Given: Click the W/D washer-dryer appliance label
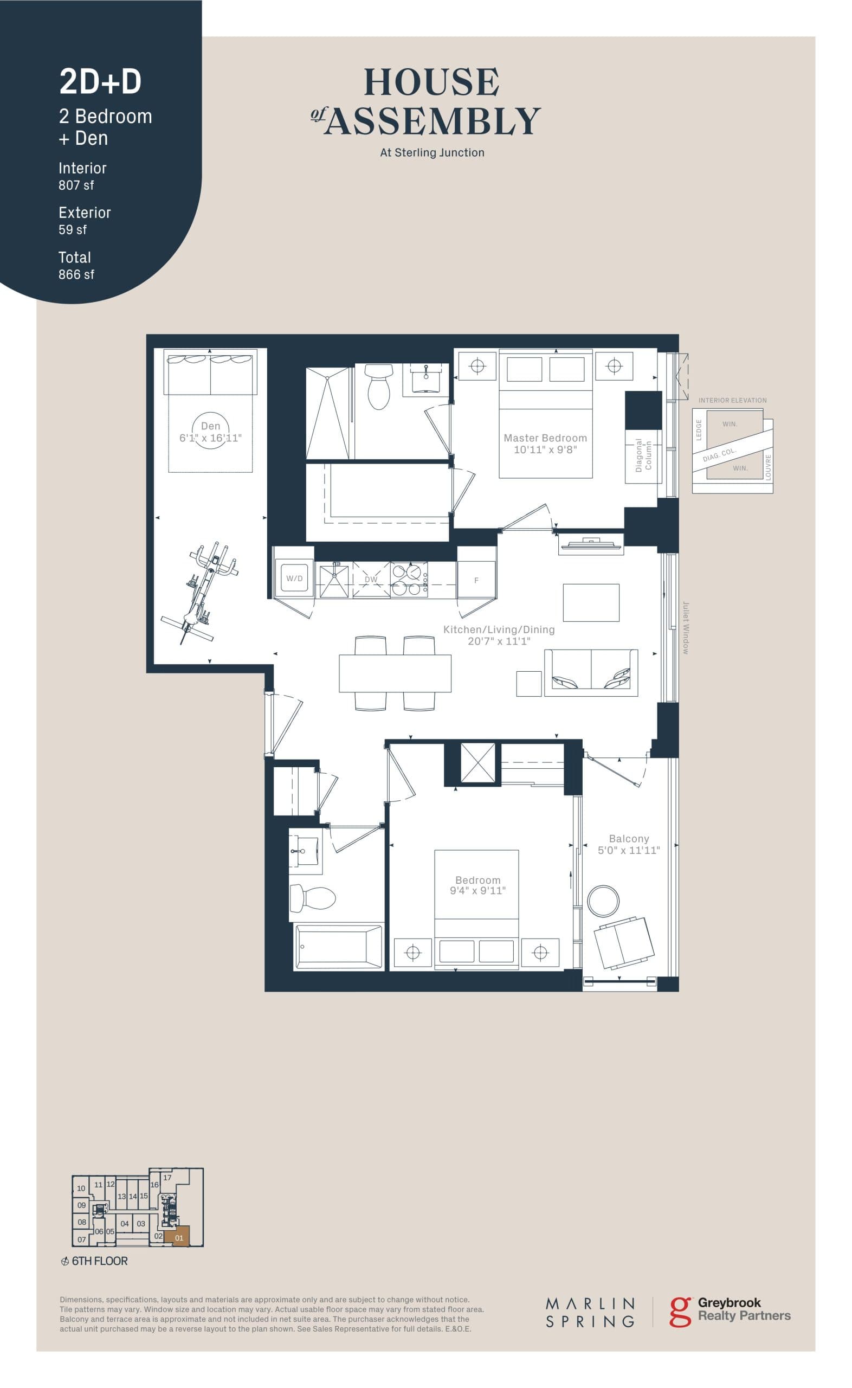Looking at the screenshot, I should (294, 578).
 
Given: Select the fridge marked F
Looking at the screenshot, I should (476, 580).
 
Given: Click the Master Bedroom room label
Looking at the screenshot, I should (545, 438).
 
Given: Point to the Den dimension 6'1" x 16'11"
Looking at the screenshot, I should (210, 438).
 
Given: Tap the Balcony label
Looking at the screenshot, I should (629, 839).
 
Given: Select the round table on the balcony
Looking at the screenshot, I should (603, 901).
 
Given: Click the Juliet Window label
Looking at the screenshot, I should (686, 628).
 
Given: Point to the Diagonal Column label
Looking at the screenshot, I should (643, 455).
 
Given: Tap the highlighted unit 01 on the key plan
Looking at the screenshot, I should (179, 1238).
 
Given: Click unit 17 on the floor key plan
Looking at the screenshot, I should (167, 1177).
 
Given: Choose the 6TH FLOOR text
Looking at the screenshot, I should (99, 1261).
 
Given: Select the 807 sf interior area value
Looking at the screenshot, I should (76, 185).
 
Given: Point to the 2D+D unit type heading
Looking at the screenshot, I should (100, 82).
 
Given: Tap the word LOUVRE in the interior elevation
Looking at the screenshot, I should (768, 467).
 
